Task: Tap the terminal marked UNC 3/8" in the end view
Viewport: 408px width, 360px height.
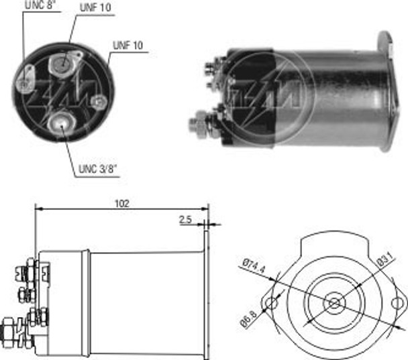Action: [x=63, y=123]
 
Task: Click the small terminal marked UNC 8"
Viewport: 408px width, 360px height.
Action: [x=25, y=84]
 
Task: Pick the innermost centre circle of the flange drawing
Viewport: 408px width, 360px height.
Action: [x=334, y=304]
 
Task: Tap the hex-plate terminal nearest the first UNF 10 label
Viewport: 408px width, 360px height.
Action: [x=60, y=66]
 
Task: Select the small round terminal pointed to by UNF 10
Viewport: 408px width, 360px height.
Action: [x=99, y=101]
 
